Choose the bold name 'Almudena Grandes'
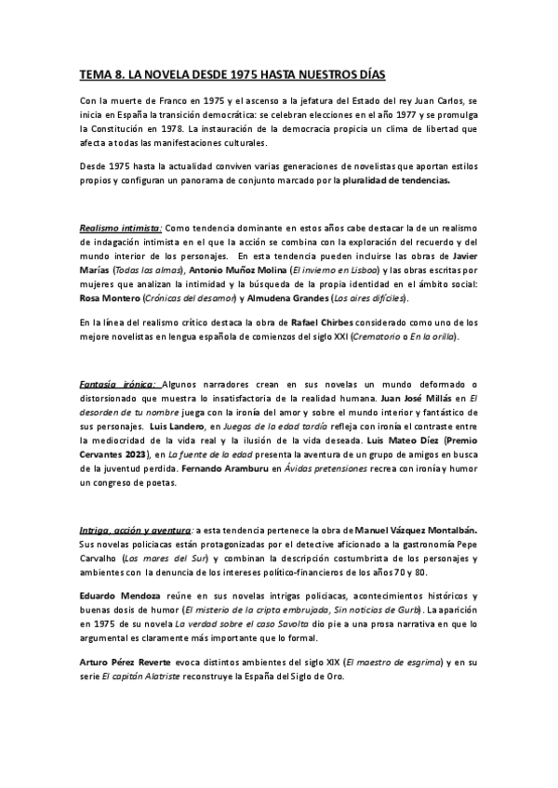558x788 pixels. point(270,299)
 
